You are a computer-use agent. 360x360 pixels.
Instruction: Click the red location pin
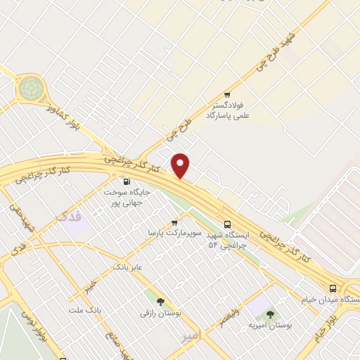[x=181, y=165]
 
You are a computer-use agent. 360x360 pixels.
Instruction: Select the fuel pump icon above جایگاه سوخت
[x=127, y=180]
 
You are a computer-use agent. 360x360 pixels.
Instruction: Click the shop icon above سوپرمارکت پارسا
[x=174, y=221]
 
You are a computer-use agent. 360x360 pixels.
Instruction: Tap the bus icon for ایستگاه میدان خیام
[x=333, y=288]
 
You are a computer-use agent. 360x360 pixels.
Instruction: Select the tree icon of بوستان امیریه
[x=271, y=314]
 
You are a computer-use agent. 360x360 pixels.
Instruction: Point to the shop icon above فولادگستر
[x=227, y=95]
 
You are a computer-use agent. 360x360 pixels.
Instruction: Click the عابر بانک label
[x=128, y=268]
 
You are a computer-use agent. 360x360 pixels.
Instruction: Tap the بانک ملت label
[x=86, y=309]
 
